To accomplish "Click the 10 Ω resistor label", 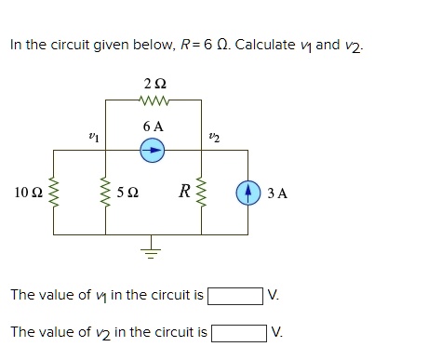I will click(27, 193).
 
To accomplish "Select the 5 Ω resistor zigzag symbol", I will click(104, 193).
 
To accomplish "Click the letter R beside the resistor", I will click(186, 193).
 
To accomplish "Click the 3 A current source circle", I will click(247, 193).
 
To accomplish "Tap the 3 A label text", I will click(276, 193).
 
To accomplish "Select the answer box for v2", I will click(239, 332).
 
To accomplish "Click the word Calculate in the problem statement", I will click(270, 44).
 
